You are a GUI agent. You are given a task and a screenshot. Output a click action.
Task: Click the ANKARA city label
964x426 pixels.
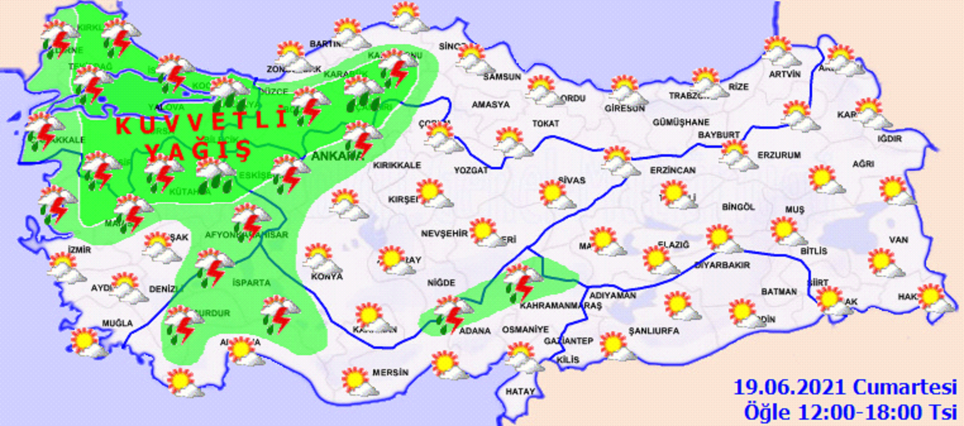[337, 156]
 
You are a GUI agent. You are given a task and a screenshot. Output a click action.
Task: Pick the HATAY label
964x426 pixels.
[520, 391]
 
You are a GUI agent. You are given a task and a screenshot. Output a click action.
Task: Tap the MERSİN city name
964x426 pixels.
[390, 372]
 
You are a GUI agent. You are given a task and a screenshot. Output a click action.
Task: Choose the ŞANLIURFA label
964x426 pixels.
[654, 331]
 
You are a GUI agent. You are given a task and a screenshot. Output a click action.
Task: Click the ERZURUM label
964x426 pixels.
[779, 155]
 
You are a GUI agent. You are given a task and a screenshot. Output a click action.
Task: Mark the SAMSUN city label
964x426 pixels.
[502, 77]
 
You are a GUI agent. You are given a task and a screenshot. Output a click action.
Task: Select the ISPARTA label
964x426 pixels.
[251, 282]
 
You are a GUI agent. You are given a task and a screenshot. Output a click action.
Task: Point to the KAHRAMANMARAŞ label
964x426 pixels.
[560, 305]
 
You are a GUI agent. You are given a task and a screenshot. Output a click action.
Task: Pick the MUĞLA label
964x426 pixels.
[117, 323]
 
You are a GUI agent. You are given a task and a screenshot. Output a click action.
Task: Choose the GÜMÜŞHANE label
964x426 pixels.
[681, 122]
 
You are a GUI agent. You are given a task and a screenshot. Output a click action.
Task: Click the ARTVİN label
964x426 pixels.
[784, 74]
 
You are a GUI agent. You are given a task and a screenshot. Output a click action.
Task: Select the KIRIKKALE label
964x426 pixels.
[396, 165]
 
